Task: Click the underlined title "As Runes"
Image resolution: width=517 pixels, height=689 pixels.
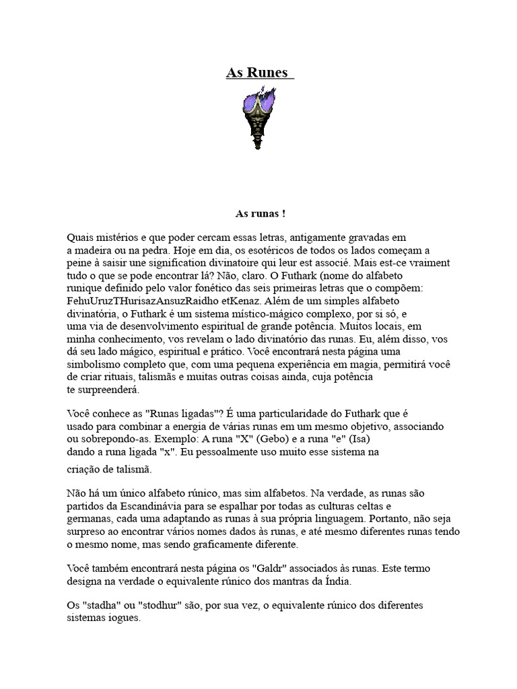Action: tap(259, 73)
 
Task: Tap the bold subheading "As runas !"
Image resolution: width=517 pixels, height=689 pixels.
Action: tap(260, 213)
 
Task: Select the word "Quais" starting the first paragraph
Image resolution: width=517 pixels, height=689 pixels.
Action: tap(81, 237)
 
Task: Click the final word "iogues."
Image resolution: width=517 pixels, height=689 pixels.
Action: tap(122, 618)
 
